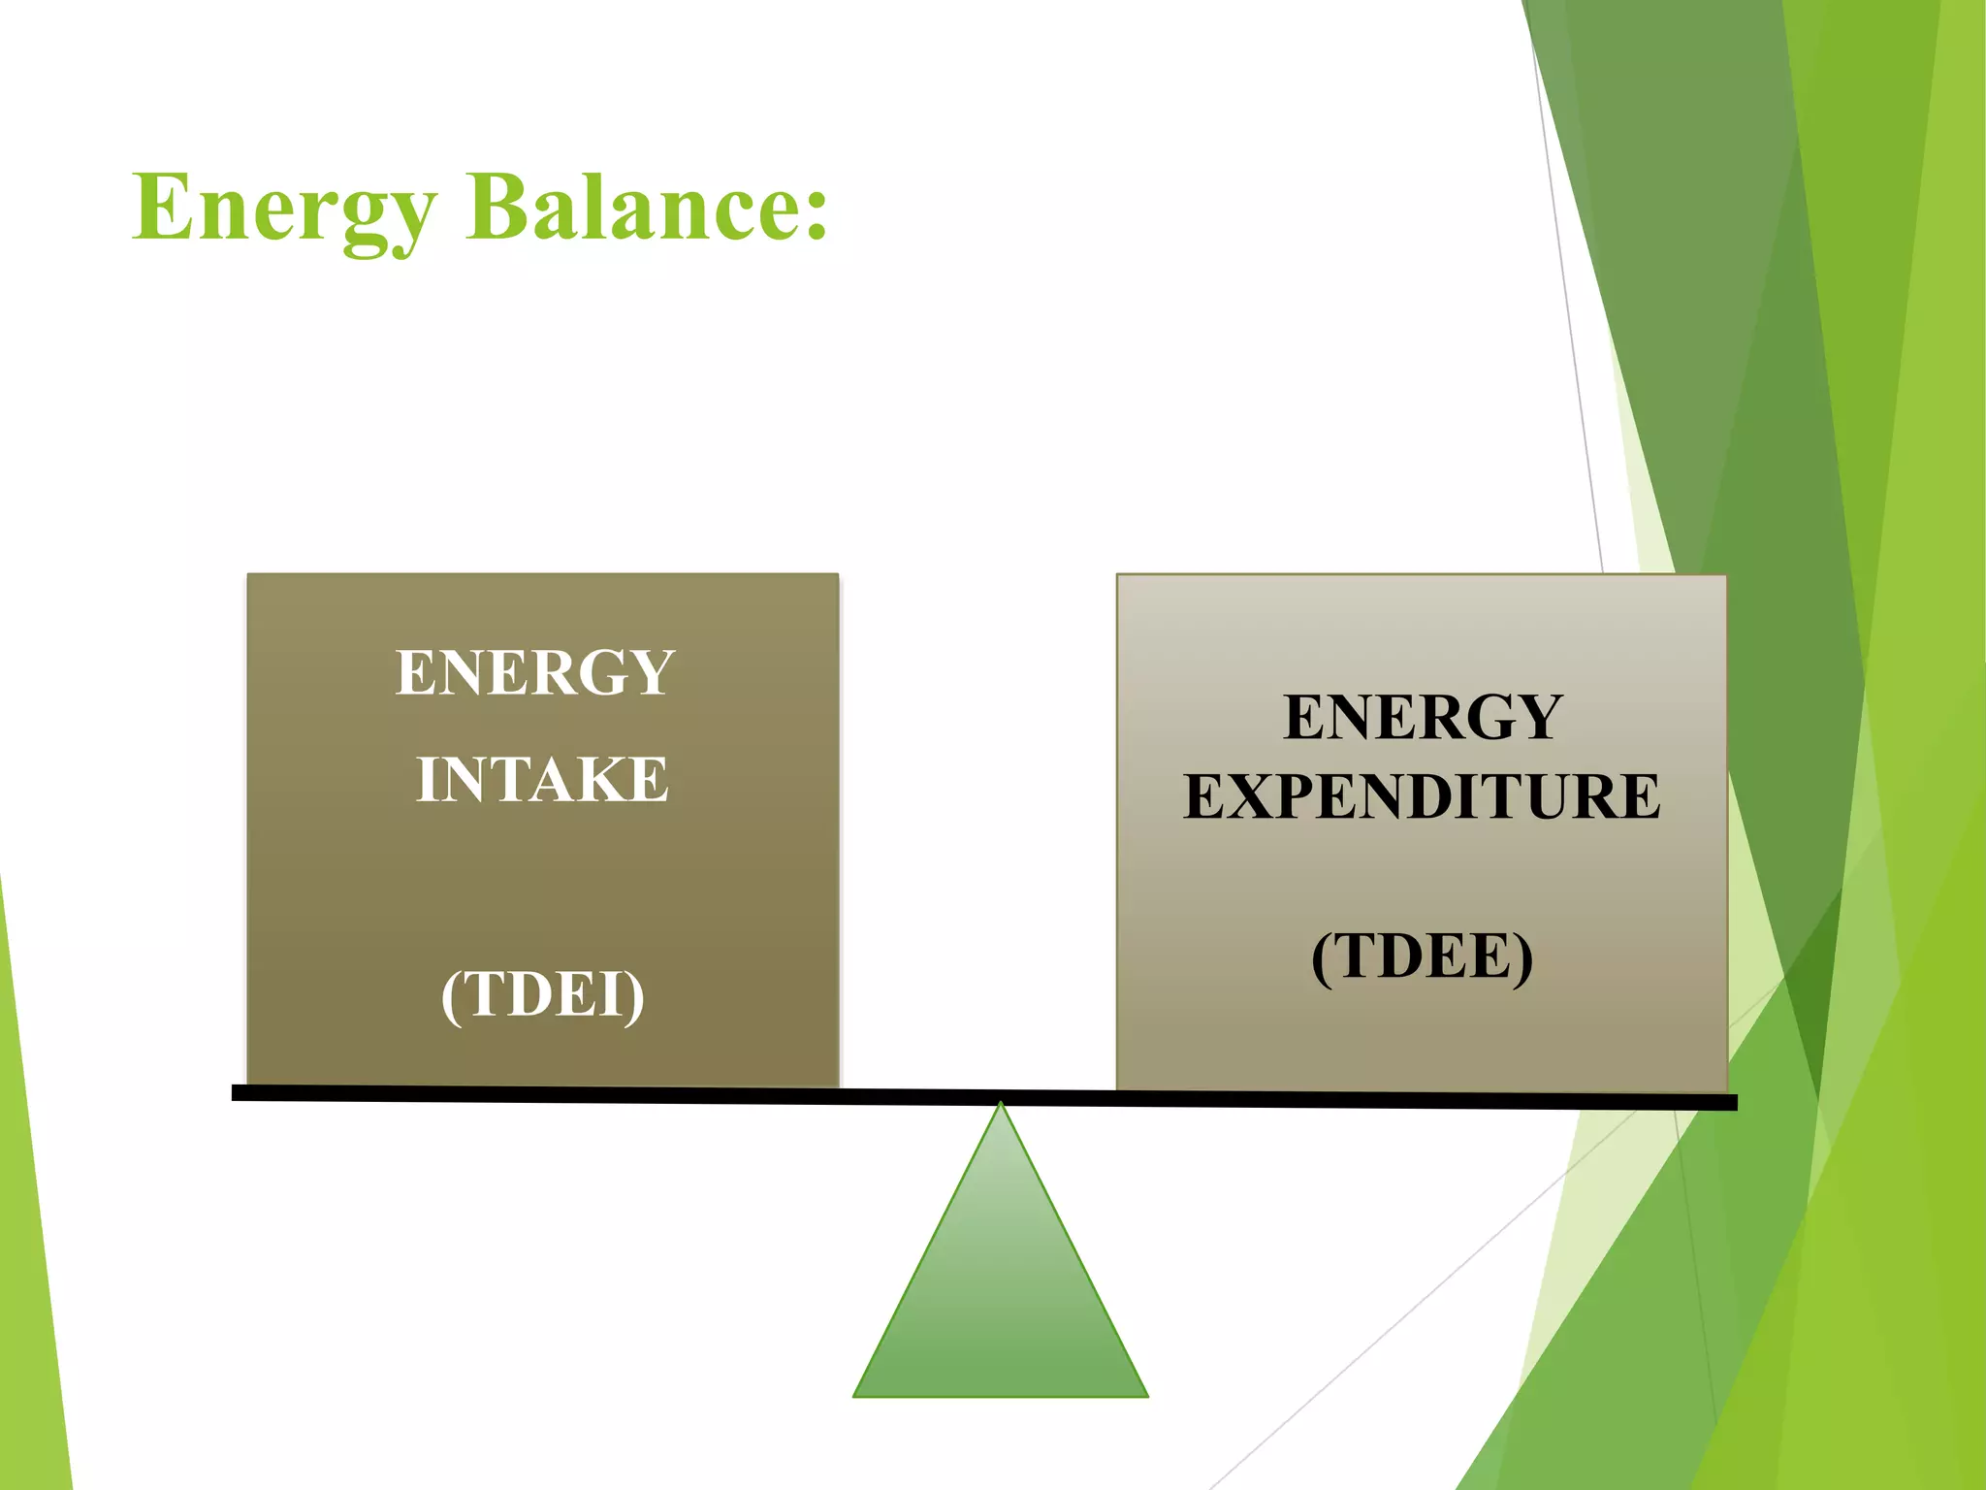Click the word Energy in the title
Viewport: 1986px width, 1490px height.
(x=284, y=209)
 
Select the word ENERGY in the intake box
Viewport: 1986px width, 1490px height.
(x=535, y=672)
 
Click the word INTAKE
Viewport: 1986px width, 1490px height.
(x=542, y=779)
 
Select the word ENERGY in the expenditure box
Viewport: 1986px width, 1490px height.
(x=1423, y=717)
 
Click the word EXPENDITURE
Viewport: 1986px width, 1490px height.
(x=1422, y=796)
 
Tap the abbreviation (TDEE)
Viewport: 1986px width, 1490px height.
(x=1422, y=956)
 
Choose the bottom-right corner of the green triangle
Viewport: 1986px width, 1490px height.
(x=1146, y=1395)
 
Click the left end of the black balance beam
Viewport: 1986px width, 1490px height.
(x=236, y=1092)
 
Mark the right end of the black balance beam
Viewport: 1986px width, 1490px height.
(x=1734, y=1102)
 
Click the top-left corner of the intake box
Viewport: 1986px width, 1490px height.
(x=249, y=575)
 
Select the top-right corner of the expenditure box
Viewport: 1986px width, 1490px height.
(x=1725, y=576)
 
